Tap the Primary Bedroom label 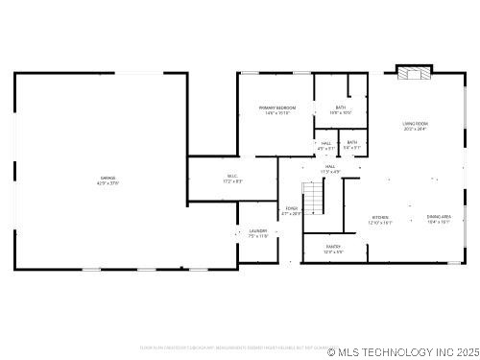click(277, 108)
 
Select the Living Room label click(415, 124)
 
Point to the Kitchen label click(381, 218)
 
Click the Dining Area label click(439, 217)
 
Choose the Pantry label click(333, 247)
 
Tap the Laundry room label click(257, 230)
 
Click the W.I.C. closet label click(232, 176)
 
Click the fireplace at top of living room click(415, 73)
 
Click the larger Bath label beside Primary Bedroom click(341, 108)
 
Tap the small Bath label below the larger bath click(352, 142)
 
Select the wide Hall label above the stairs click(330, 167)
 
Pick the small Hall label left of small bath click(326, 142)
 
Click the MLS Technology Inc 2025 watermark click(402, 351)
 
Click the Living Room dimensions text click(415, 129)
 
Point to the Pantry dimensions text click(333, 252)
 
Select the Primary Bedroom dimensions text click(277, 113)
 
